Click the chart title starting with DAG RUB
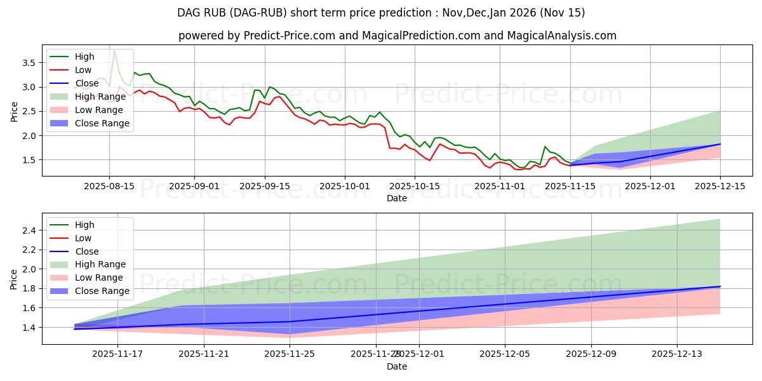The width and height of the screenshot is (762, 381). pyautogui.click(x=381, y=13)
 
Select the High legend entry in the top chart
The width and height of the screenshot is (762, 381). pyautogui.click(x=83, y=57)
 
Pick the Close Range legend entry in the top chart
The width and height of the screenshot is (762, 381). pyautogui.click(x=102, y=123)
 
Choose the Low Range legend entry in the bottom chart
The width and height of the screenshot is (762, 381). pyautogui.click(x=100, y=277)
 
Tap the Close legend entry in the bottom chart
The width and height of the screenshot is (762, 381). pyautogui.click(x=87, y=251)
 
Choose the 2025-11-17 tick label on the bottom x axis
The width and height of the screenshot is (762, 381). pyautogui.click(x=118, y=354)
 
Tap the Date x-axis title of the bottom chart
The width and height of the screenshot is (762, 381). pyautogui.click(x=397, y=366)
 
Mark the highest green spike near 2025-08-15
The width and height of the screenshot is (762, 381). pyautogui.click(x=114, y=51)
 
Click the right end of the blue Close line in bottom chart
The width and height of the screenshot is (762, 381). pyautogui.click(x=719, y=286)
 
